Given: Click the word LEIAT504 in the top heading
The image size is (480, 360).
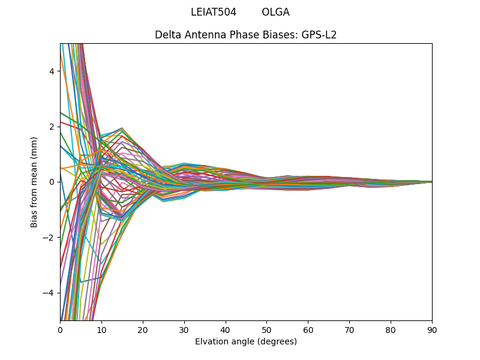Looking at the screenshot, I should tap(214, 12).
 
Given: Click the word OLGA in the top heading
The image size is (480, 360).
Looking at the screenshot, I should tap(275, 12).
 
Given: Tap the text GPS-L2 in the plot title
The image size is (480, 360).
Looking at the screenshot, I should tap(319, 35).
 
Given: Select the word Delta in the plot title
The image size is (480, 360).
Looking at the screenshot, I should tap(167, 35).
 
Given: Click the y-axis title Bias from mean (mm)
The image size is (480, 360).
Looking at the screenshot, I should tap(35, 182).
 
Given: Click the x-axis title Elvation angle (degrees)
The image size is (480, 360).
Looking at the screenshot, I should tap(246, 342).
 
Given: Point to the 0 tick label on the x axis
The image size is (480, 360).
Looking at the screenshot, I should tap(60, 329).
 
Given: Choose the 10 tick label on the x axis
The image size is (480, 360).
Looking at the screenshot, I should tap(101, 329).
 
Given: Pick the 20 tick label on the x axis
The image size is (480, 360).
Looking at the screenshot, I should tap(143, 329).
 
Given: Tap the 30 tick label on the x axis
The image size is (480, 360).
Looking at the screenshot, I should tap(184, 329).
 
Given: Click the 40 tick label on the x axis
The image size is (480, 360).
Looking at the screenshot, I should tap(226, 329).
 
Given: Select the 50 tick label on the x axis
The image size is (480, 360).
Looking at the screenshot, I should tap(266, 329).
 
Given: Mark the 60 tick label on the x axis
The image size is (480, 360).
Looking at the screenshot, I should tap(308, 329).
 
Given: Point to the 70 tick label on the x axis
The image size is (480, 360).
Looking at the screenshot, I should tap(349, 329).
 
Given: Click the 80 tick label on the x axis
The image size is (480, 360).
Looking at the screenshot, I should tap(391, 329).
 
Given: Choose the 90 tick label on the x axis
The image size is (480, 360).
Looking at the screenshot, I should tap(432, 329).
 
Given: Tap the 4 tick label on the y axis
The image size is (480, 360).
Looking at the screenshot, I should tap(52, 71).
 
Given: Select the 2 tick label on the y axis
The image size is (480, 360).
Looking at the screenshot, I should tap(52, 127).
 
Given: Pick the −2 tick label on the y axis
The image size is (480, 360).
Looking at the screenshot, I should tap(49, 238).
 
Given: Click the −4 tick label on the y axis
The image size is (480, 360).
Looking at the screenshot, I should tap(49, 293).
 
